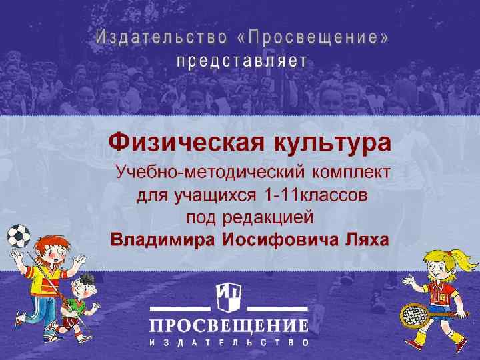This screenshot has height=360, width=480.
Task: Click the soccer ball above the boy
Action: point(18,237)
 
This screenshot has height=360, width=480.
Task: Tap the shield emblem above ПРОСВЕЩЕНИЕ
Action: point(228,296)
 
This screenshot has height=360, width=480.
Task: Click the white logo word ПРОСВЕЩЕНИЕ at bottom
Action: point(228,326)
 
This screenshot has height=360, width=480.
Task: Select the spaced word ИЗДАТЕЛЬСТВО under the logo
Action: point(228,343)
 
